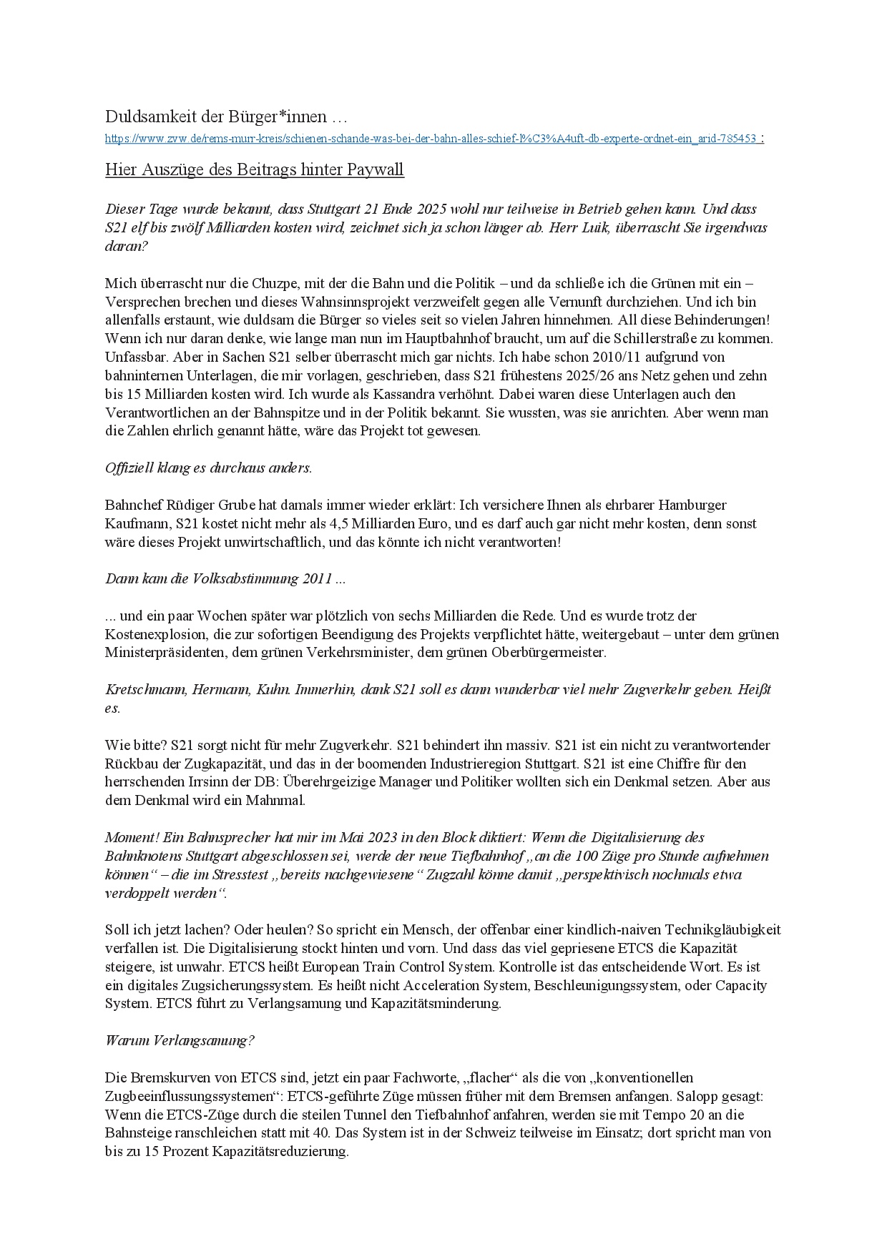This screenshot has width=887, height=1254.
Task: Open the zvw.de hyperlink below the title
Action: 430,139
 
